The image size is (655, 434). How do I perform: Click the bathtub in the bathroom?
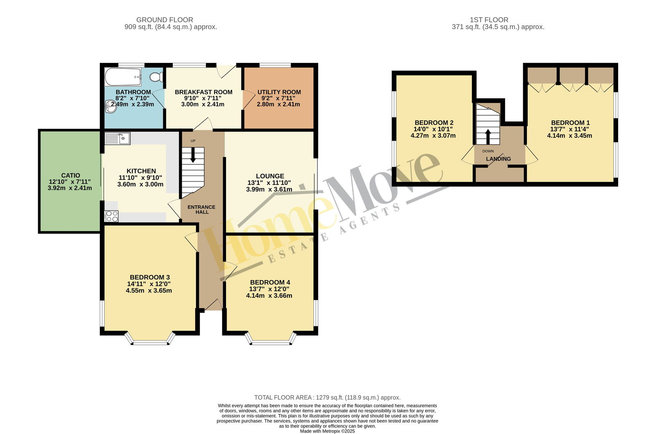123,77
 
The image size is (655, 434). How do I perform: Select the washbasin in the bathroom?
111,106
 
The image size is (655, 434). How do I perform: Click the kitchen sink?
117,138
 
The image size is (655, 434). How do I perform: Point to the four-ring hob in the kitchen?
111,216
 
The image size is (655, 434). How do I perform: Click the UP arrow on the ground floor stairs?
193,155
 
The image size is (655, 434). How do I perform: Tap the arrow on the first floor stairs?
488,137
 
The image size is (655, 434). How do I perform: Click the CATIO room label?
70,175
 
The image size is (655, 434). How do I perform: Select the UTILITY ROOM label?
279,92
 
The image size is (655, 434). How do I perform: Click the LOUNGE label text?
270,176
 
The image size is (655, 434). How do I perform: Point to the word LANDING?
498,159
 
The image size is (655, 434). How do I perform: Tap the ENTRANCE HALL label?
201,209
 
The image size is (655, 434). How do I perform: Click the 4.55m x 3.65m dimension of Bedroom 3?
149,290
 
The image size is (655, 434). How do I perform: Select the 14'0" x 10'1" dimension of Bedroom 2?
433,129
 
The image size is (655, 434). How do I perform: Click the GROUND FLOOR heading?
165,20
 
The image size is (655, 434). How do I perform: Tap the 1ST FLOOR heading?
489,20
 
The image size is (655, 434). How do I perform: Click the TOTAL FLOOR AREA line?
327,398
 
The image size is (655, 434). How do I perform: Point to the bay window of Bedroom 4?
271,339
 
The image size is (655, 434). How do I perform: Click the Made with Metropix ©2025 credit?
327,431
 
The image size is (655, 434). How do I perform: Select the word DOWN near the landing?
488,151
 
